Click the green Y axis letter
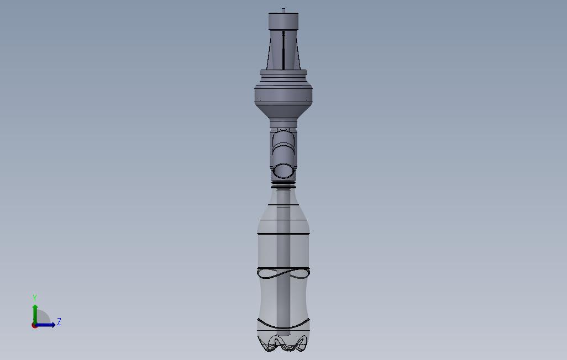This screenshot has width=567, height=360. click(x=35, y=298)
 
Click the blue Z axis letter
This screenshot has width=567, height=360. click(x=59, y=322)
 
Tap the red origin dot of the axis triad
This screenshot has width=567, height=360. click(x=34, y=325)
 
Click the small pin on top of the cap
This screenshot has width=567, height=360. click(x=283, y=10)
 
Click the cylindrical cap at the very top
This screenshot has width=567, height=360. click(x=283, y=22)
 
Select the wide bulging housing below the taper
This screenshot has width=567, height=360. click(x=283, y=94)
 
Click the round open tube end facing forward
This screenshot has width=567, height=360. click(x=283, y=170)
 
